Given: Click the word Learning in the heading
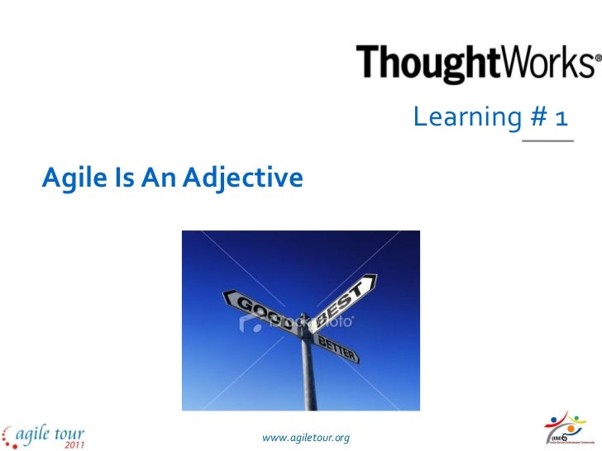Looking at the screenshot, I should pyautogui.click(x=466, y=121).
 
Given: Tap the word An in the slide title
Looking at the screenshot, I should pyautogui.click(x=152, y=176).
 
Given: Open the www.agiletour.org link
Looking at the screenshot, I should pyautogui.click(x=304, y=435).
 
